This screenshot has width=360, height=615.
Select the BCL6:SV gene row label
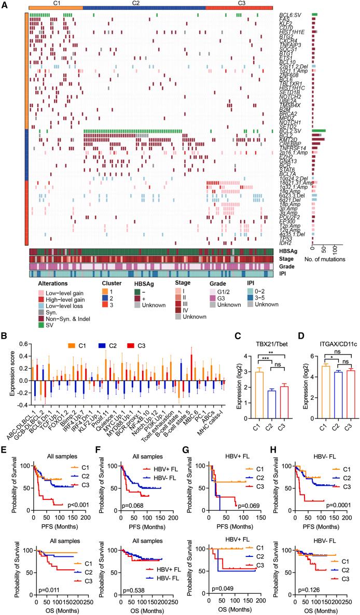pos(291,15)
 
